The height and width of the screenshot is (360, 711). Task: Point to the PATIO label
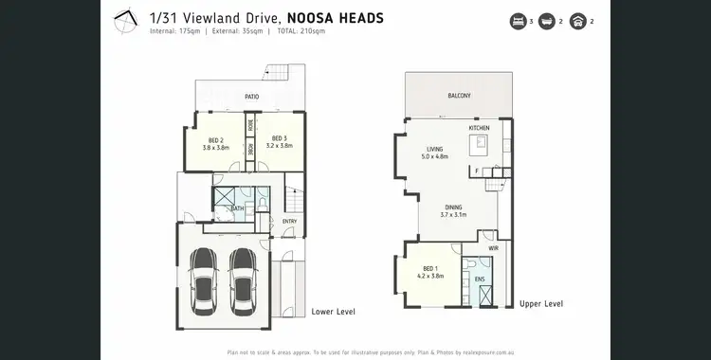pyautogui.click(x=252, y=97)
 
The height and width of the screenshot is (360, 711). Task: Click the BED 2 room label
pyautogui.click(x=214, y=140)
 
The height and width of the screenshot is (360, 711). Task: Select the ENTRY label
pyautogui.click(x=289, y=222)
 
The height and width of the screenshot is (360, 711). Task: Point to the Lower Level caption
pyautogui.click(x=333, y=311)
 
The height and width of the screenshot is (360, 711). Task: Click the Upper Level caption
pyautogui.click(x=541, y=303)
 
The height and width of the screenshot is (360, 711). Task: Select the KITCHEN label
pyautogui.click(x=480, y=127)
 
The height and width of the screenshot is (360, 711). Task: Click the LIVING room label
pyautogui.click(x=434, y=149)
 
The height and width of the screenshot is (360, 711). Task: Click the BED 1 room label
pyautogui.click(x=430, y=267)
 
